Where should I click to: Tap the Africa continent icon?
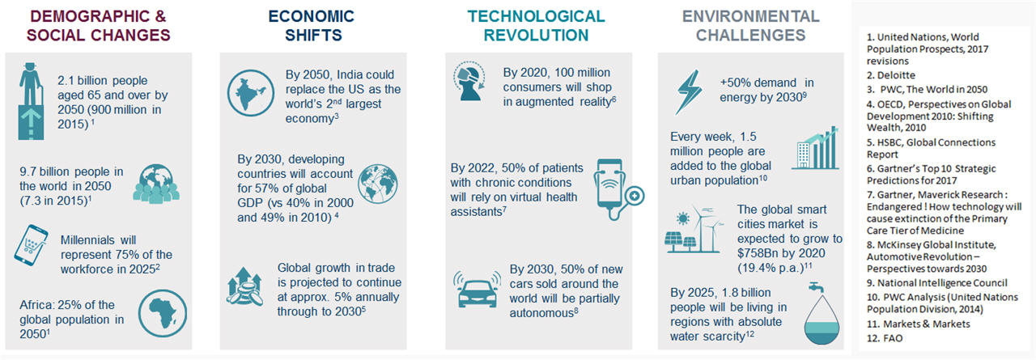click(x=163, y=313)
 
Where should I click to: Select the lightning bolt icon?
click(x=689, y=92)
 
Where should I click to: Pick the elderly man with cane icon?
click(x=31, y=101)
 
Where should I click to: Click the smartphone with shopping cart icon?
click(x=31, y=245)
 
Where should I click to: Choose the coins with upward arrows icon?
click(x=244, y=286)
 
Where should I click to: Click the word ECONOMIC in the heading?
click(x=312, y=16)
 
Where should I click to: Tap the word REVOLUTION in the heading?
click(x=536, y=35)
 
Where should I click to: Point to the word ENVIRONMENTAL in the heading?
click(x=750, y=16)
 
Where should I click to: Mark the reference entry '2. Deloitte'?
click(x=891, y=75)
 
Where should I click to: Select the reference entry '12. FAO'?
click(x=885, y=338)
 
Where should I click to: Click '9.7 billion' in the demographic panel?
click(x=45, y=172)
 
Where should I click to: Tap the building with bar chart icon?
click(x=815, y=147)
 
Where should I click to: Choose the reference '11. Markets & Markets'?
click(x=918, y=324)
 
